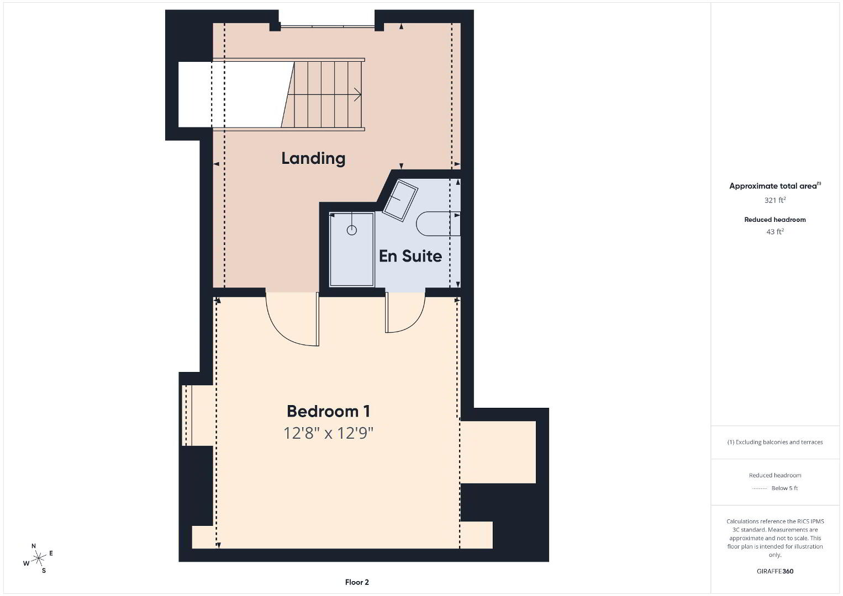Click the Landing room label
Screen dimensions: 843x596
[x=313, y=158]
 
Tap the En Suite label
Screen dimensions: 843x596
[x=410, y=256]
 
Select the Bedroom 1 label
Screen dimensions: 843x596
[x=328, y=411]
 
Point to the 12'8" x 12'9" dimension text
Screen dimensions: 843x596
[x=328, y=433]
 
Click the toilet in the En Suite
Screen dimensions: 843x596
[x=438, y=223]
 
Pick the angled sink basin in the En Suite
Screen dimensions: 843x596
[x=400, y=200]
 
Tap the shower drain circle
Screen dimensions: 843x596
[x=351, y=230]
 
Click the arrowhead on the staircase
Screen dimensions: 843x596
[x=357, y=94]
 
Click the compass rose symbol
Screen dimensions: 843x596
[x=38, y=558]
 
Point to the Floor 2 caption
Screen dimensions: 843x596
[x=357, y=582]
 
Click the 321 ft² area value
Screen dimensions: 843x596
[x=774, y=200]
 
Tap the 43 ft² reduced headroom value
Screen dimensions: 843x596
[x=775, y=232]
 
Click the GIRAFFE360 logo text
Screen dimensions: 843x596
[x=775, y=571]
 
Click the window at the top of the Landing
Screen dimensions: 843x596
[x=328, y=26]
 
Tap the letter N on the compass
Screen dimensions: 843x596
[x=34, y=546]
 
